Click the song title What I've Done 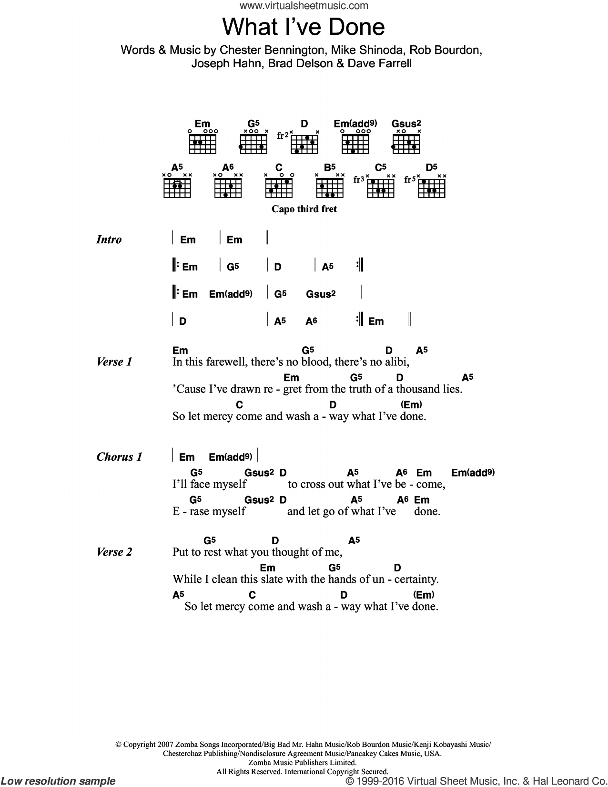tap(304, 27)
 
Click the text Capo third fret tap(304, 209)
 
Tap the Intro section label tap(109, 239)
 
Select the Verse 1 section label tap(114, 362)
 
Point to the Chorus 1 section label tap(119, 457)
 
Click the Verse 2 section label tap(114, 552)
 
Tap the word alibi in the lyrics tap(394, 362)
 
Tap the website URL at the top tap(304, 6)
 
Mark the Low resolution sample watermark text tap(58, 781)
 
